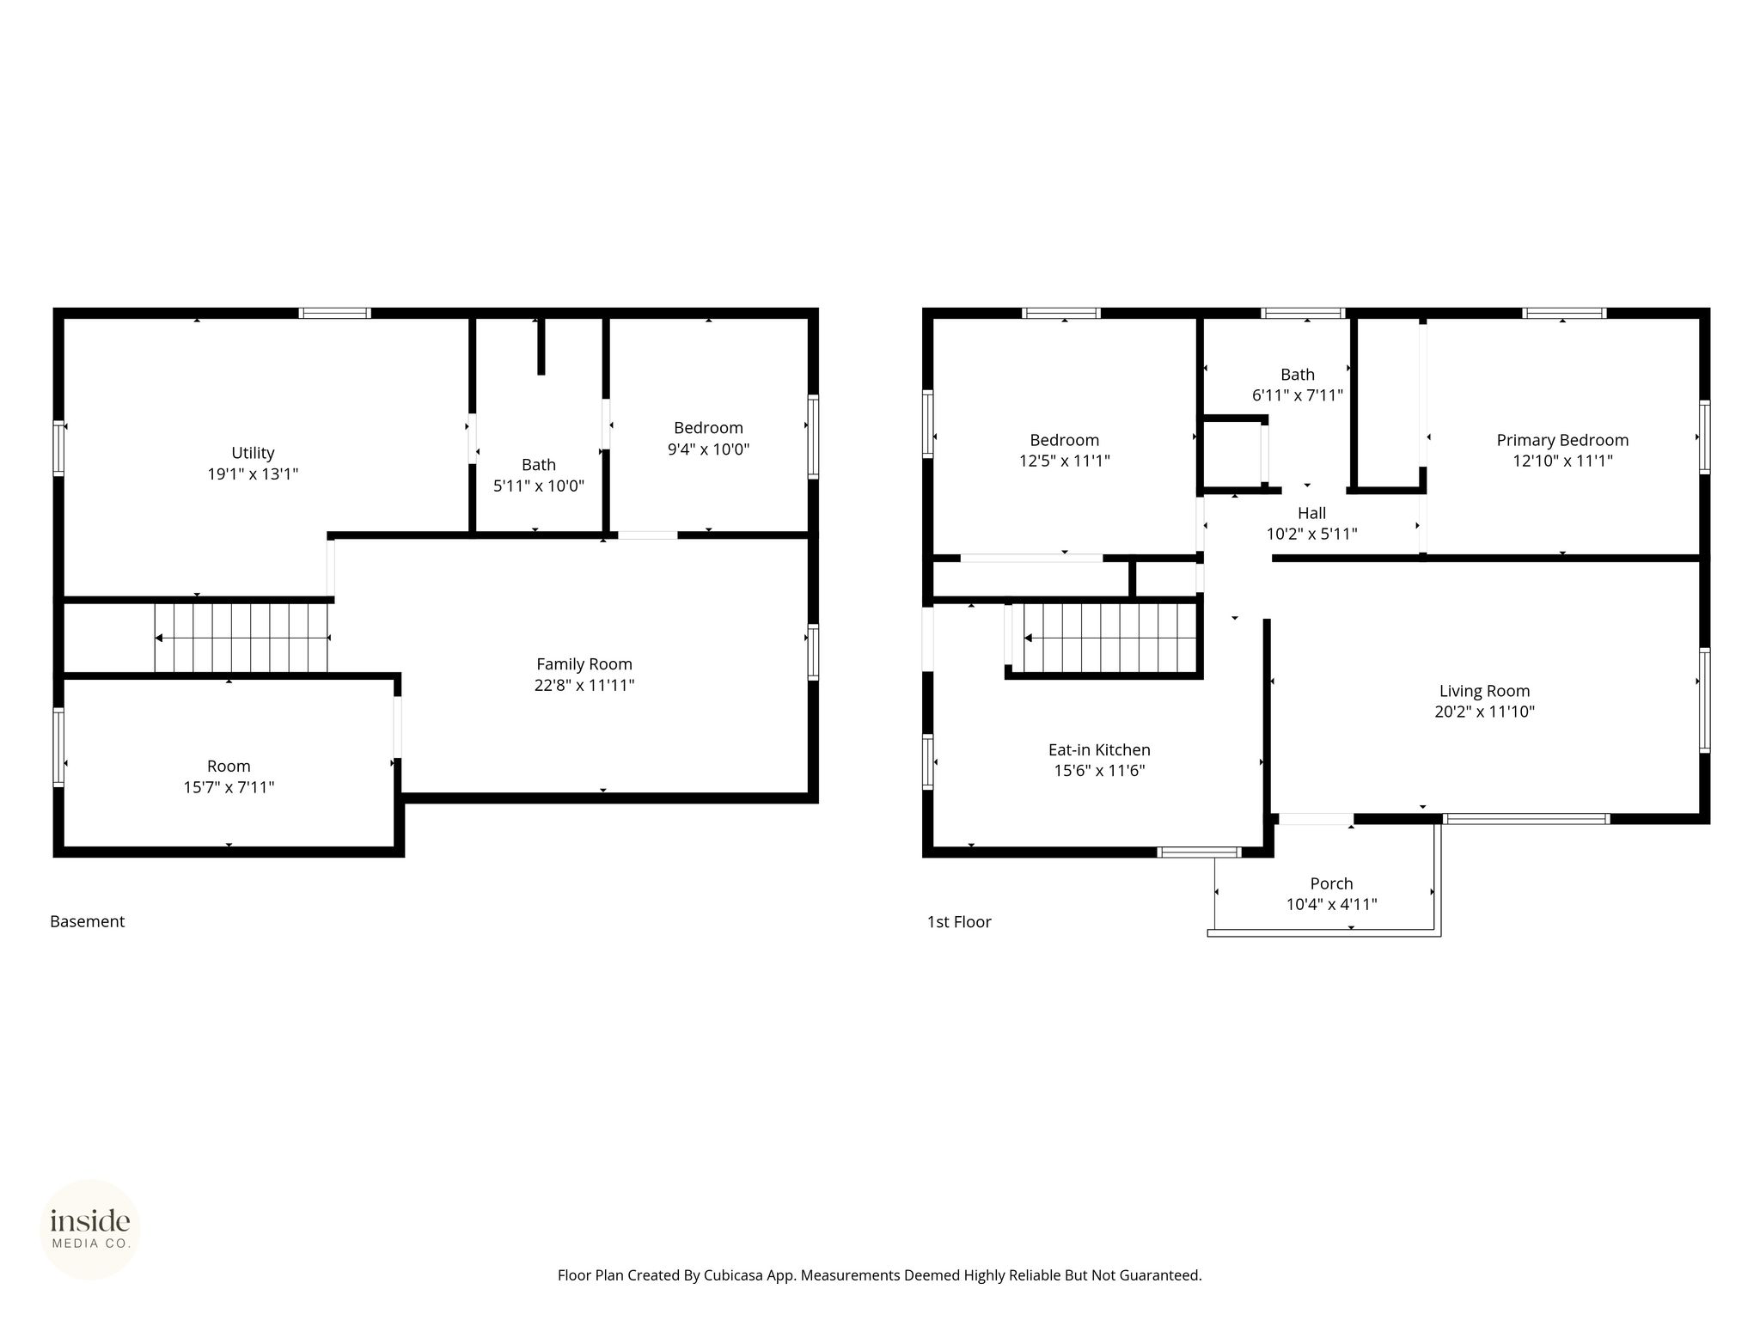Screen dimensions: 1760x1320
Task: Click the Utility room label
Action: (x=253, y=453)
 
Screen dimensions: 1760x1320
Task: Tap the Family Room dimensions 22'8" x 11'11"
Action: (x=584, y=685)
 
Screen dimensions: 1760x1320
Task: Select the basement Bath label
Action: (x=539, y=465)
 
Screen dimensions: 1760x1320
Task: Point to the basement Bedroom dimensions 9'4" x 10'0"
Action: (x=708, y=449)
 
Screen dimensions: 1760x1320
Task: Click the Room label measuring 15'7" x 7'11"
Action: (x=229, y=767)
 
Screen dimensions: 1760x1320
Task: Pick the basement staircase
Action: (x=241, y=638)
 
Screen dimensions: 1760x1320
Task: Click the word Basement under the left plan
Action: (x=88, y=921)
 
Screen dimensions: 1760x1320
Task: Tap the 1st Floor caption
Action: (x=959, y=922)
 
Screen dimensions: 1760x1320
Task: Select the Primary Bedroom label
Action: (x=1562, y=440)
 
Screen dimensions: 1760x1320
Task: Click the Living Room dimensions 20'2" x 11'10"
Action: (x=1484, y=712)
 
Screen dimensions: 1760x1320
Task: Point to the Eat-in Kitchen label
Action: (x=1099, y=750)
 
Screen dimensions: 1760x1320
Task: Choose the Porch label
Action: (x=1331, y=883)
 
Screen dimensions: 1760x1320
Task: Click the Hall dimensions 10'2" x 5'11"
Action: (x=1311, y=534)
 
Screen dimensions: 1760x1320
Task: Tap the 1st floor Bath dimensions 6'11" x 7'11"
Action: (x=1298, y=395)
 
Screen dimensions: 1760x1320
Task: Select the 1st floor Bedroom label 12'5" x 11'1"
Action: (x=1065, y=440)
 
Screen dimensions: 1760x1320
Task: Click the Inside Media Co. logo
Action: (x=90, y=1230)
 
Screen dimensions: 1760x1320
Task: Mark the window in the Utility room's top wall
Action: (x=335, y=313)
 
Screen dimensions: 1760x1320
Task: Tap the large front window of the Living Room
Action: (x=1526, y=819)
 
